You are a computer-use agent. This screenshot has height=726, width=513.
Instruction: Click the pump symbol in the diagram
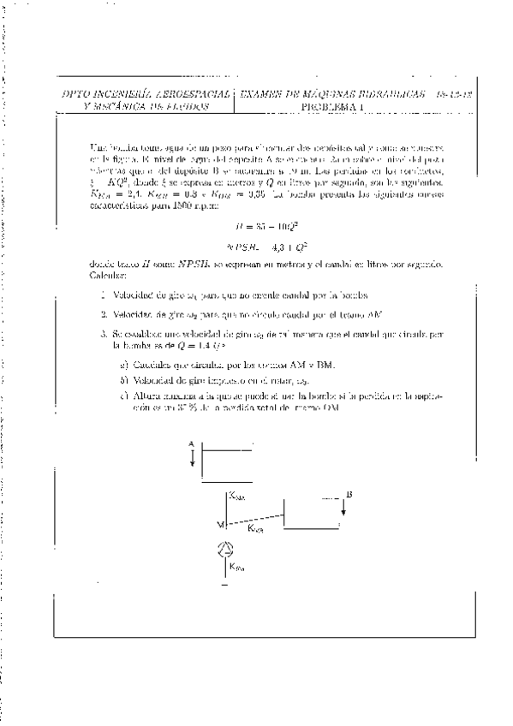(224, 550)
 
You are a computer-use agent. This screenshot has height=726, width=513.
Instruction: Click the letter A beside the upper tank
(193, 443)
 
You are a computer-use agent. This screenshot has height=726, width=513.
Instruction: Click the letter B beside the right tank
(349, 494)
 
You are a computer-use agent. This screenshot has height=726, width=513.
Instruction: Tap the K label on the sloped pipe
(256, 528)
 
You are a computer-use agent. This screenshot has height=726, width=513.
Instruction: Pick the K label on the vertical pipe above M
(237, 496)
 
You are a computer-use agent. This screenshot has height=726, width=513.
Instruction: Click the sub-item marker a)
(125, 366)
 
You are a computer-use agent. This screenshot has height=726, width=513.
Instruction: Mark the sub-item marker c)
(125, 395)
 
